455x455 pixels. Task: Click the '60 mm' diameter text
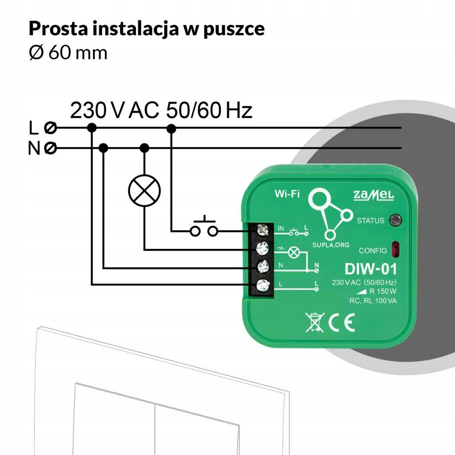78,53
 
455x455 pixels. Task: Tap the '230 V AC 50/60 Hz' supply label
161,110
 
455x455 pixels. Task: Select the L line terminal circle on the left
51,128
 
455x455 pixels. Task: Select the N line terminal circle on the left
51,148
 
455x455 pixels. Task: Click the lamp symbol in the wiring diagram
144,190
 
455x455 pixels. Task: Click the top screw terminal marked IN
263,230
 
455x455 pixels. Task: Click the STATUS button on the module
395,220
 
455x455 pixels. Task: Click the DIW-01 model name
370,269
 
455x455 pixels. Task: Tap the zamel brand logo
373,194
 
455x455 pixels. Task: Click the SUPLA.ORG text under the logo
330,245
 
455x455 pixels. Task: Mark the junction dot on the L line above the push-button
171,128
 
